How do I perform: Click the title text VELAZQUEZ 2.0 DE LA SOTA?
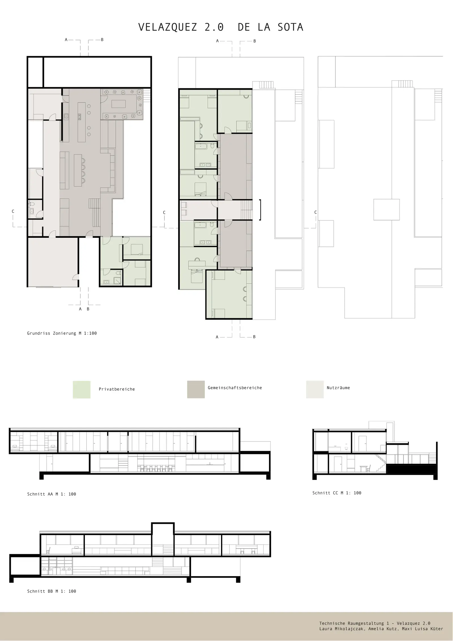[x=221, y=27]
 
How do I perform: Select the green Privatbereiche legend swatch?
[x=82, y=389]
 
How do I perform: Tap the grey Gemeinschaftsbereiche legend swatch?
[x=196, y=389]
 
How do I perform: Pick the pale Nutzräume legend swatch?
[x=315, y=389]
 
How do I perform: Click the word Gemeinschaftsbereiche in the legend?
[x=235, y=388]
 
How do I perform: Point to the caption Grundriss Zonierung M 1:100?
[x=62, y=333]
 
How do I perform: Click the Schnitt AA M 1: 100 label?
[x=52, y=494]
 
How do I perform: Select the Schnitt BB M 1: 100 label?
[x=52, y=591]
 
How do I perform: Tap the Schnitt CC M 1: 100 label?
[x=337, y=493]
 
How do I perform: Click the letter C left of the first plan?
[x=13, y=211]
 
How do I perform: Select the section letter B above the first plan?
[x=102, y=40]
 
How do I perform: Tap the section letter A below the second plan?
[x=217, y=337]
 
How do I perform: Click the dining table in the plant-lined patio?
[x=119, y=104]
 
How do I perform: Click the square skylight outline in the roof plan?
[x=386, y=209]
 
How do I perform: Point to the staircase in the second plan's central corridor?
[x=246, y=209]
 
